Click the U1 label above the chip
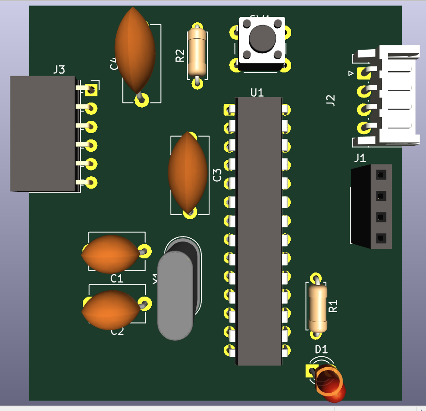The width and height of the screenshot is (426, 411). point(257,92)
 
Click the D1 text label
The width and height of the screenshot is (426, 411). point(322,349)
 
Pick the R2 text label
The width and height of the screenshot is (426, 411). point(180,56)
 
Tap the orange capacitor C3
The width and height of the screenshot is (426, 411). point(188,172)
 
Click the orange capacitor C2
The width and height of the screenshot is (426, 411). point(110,310)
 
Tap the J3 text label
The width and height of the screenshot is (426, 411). point(59,70)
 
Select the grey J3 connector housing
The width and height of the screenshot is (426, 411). point(42,133)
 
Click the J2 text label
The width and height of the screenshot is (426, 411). point(331,100)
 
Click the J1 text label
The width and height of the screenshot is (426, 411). point(360,158)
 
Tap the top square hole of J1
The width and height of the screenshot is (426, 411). point(381,175)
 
